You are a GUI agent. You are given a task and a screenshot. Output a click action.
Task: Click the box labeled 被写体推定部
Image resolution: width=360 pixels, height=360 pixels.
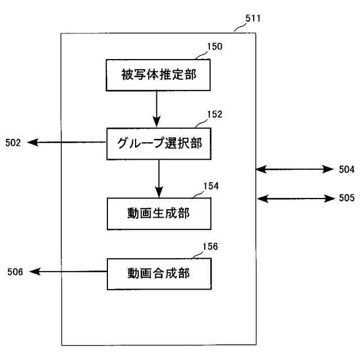[x=159, y=74]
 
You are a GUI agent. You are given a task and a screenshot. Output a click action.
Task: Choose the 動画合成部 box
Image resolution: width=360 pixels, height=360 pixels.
[x=159, y=273]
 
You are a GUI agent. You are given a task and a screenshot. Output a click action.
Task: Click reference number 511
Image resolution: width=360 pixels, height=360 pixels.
[x=253, y=19]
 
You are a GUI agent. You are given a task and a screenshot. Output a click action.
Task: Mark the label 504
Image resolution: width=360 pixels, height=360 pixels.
[x=346, y=169]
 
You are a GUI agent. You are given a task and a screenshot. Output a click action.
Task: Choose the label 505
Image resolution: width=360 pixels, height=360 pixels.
[x=346, y=198]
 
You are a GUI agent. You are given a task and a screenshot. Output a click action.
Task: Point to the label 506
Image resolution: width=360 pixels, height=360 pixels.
[x=15, y=272]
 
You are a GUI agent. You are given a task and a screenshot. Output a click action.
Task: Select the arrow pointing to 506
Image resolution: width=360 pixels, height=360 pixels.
[x=67, y=272]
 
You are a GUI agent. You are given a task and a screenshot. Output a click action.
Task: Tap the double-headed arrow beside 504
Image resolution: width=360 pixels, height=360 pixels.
[x=295, y=169]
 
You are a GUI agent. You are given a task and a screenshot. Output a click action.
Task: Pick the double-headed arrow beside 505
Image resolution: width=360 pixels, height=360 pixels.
[x=295, y=197]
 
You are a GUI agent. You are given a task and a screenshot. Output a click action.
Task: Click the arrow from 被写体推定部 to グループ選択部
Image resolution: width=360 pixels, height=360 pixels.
[x=157, y=108]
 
